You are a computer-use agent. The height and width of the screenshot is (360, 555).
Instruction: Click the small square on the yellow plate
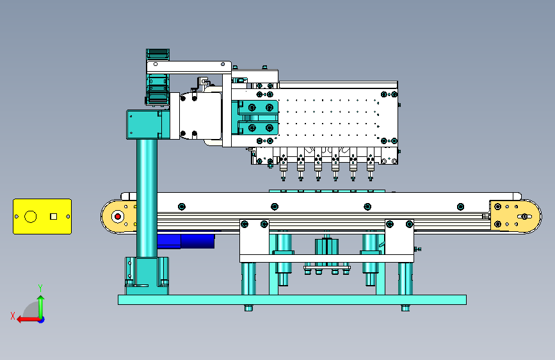click(53, 216)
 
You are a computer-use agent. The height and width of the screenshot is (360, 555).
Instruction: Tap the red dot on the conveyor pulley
click(118, 217)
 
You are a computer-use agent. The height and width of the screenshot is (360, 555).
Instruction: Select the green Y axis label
click(40, 288)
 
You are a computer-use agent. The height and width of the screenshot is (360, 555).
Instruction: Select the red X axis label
click(13, 316)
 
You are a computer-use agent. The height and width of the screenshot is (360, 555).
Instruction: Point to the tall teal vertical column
click(147, 199)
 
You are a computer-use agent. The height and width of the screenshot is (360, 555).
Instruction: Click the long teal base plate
click(292, 300)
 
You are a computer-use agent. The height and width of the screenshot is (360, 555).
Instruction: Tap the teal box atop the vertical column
click(145, 124)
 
